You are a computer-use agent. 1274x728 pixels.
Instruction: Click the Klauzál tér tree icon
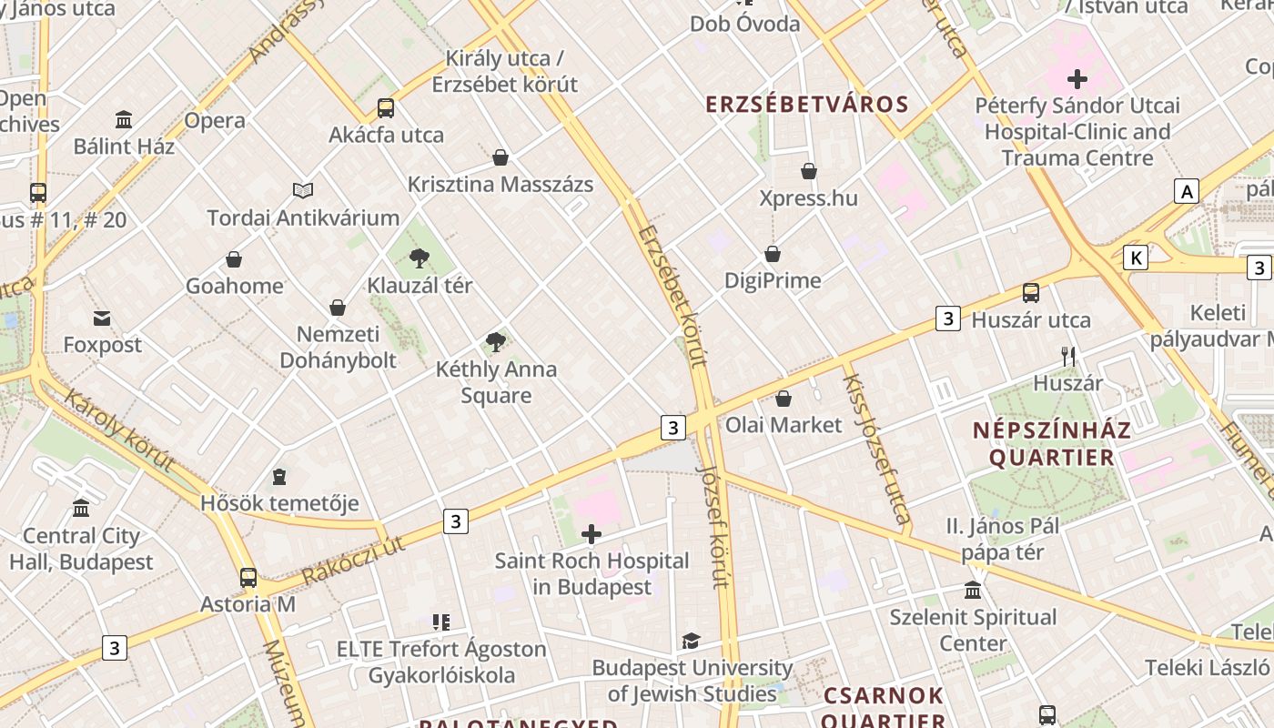tap(420, 258)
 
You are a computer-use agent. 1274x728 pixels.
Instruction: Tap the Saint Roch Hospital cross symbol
tap(591, 534)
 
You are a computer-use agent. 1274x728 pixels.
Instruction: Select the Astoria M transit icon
tap(248, 577)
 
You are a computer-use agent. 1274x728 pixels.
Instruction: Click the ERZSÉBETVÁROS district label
tap(807, 104)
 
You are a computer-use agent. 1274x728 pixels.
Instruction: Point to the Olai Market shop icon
tap(784, 399)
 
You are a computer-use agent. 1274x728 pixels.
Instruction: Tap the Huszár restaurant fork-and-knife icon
tap(1068, 357)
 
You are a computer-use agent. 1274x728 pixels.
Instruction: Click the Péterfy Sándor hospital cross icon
tap(1077, 79)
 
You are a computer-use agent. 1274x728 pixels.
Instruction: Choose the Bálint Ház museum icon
tap(124, 119)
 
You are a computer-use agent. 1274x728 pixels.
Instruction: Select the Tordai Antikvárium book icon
tap(303, 190)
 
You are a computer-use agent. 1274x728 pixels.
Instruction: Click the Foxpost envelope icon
tap(102, 318)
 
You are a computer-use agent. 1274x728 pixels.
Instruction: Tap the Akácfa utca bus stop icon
tap(386, 108)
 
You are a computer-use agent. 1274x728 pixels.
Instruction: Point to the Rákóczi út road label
tap(352, 561)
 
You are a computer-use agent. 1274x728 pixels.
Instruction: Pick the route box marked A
tap(1187, 191)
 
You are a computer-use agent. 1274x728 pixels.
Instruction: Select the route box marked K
tap(1135, 258)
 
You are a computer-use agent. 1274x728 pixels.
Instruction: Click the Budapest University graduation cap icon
tap(692, 642)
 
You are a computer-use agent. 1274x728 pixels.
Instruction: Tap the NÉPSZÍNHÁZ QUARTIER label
tap(1051, 443)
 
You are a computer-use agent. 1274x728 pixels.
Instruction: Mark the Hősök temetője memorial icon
tap(279, 477)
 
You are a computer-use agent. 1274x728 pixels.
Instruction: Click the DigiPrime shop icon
tap(773, 254)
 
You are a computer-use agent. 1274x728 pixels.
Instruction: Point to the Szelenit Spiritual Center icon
tap(973, 591)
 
